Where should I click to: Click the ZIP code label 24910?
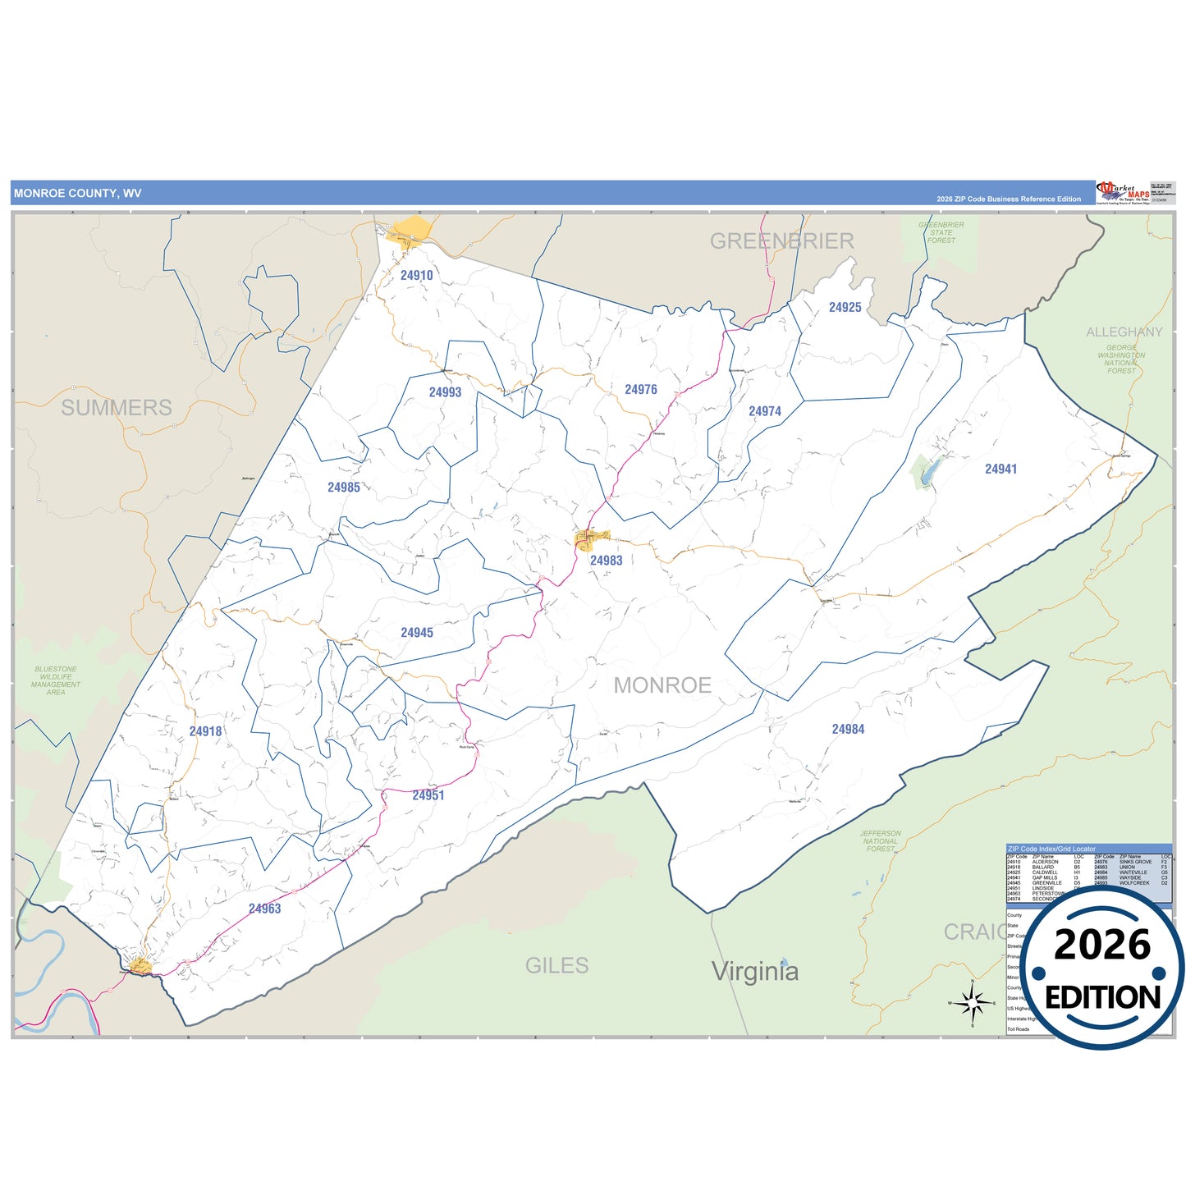tap(417, 276)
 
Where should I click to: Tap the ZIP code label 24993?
tap(445, 392)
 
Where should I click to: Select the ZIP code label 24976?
tap(640, 390)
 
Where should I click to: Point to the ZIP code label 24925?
tap(845, 308)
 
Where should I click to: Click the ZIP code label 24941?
tap(1001, 469)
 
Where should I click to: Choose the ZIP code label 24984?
tap(848, 730)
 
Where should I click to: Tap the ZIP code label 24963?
tap(264, 909)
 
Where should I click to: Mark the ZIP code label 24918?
tap(205, 731)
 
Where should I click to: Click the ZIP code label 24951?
tap(428, 795)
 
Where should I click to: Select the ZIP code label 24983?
tap(606, 561)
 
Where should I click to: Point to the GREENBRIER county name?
tap(781, 241)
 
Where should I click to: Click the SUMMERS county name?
tap(117, 407)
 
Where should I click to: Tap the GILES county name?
tap(556, 965)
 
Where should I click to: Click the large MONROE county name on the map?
tap(662, 685)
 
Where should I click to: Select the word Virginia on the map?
tap(754, 971)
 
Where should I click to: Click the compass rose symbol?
tap(972, 1002)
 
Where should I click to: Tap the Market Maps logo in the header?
tap(1123, 193)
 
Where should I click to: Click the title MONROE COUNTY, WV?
tap(77, 194)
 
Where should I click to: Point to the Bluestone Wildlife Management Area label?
tap(56, 680)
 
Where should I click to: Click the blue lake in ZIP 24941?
tap(929, 473)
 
